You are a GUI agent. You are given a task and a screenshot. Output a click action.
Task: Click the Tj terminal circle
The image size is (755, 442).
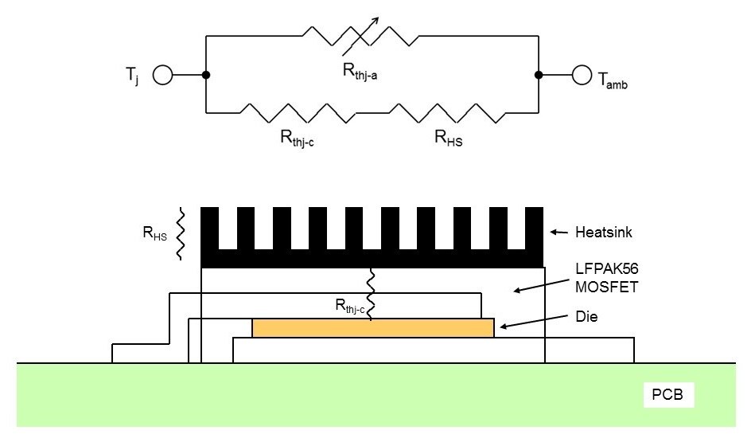162,76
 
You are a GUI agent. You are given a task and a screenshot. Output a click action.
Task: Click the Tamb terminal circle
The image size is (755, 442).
581,76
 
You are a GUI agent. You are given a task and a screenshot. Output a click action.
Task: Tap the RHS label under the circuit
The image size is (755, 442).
449,139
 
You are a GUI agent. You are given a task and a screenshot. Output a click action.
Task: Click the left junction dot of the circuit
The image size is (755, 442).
206,76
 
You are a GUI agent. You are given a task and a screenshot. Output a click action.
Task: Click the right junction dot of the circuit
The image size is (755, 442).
539,76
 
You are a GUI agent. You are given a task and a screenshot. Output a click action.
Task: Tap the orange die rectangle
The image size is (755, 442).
372,328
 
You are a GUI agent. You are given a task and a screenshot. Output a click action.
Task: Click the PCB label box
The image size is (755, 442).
667,393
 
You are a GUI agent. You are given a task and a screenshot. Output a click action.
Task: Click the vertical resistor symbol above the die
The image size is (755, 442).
370,294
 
